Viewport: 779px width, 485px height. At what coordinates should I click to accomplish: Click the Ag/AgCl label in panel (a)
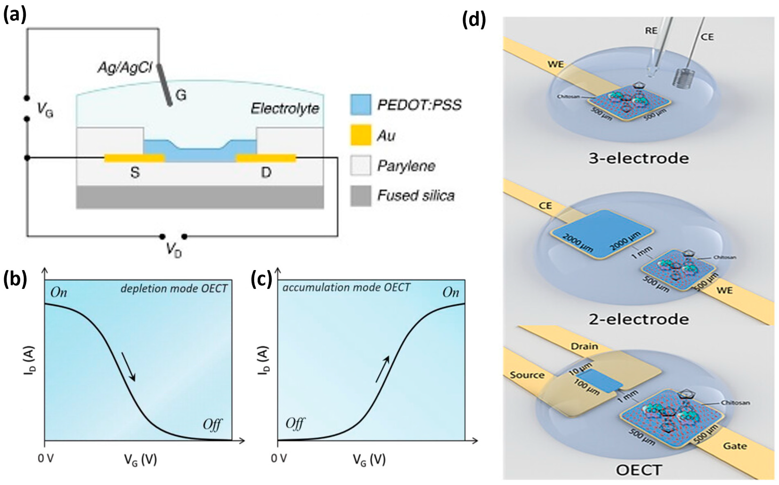point(125,68)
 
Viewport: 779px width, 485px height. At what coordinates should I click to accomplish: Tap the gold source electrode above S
point(135,158)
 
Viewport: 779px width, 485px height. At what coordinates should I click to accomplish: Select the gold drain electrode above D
point(266,158)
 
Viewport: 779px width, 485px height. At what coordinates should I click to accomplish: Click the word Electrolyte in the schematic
point(285,109)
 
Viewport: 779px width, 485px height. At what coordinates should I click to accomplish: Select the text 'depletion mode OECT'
point(174,289)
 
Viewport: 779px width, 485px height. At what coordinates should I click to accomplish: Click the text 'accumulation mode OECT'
point(346,287)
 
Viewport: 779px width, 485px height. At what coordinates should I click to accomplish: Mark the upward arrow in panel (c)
point(383,369)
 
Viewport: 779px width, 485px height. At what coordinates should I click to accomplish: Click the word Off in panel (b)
point(212,425)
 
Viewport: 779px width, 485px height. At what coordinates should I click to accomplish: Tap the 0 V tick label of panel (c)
point(279,459)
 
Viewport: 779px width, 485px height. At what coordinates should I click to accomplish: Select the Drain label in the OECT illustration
point(584,346)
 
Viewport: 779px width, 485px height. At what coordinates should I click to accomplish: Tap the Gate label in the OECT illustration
point(735,446)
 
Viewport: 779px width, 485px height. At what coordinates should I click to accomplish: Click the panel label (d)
point(474,20)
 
